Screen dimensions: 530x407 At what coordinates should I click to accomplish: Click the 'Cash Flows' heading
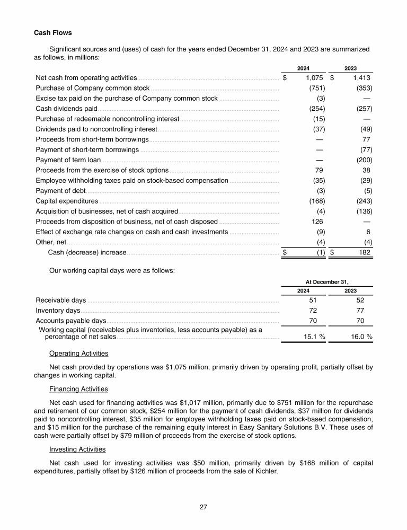tap(53, 33)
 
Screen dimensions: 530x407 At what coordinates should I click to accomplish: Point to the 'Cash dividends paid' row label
tap(66, 109)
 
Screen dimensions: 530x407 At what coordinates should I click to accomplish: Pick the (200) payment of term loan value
tap(364, 160)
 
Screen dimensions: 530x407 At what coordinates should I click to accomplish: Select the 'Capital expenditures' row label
tap(67, 201)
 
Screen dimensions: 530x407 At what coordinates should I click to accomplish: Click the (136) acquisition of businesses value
tap(364, 211)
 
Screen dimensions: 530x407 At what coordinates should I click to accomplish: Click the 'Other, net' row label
tap(51, 242)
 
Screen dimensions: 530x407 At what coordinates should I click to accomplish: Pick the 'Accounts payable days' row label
tap(71, 321)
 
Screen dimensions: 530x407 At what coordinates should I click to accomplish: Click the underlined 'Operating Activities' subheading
tap(78, 354)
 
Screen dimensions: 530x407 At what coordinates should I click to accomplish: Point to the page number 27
tap(203, 507)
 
